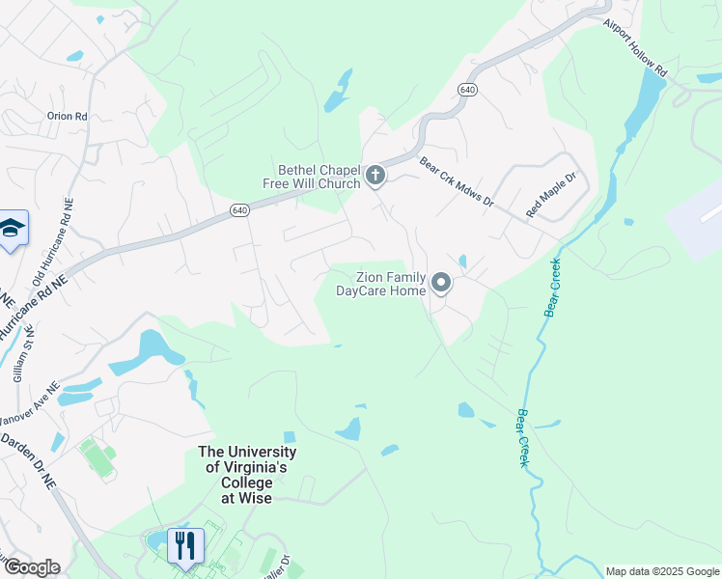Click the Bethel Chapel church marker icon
tap(375, 177)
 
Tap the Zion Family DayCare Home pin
tap(441, 283)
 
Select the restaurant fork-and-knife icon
tap(184, 545)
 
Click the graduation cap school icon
tap(13, 229)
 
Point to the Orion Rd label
tap(68, 117)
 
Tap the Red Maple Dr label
tap(550, 195)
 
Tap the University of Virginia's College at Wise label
tap(247, 475)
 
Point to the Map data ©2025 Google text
tap(661, 571)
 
